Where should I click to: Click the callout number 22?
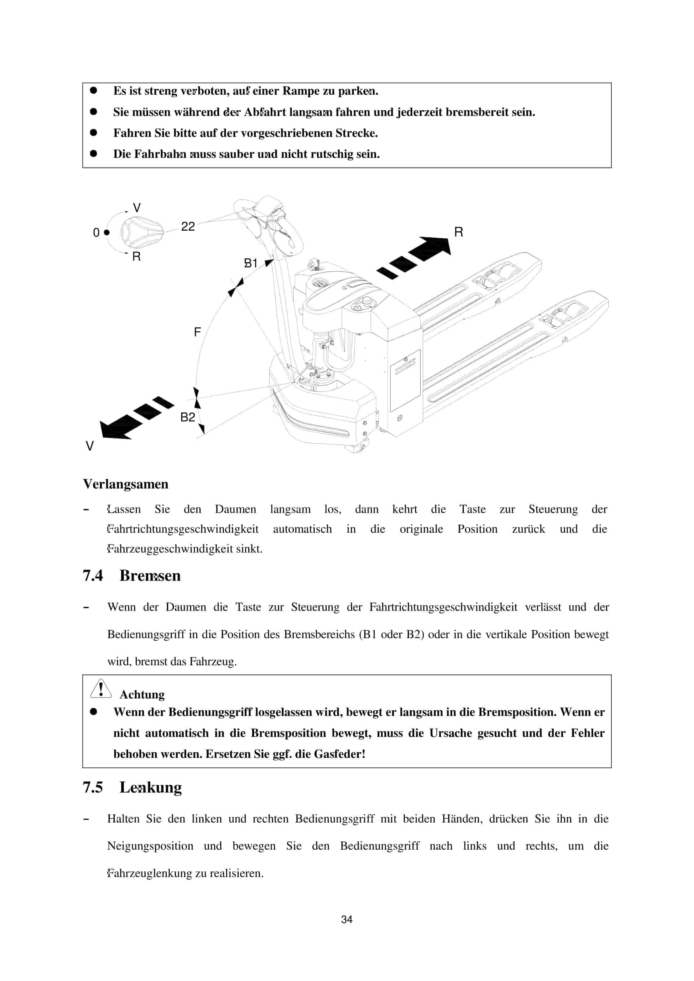188,226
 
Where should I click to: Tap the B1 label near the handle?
251,263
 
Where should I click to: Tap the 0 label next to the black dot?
96,232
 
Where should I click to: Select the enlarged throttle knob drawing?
141,232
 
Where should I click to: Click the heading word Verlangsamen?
126,484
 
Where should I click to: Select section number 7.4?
93,576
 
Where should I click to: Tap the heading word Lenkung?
150,787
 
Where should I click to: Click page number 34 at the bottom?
347,920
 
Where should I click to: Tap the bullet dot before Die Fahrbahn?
94,153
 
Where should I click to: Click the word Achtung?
142,694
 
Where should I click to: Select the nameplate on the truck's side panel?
405,380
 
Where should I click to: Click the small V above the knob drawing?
136,208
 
